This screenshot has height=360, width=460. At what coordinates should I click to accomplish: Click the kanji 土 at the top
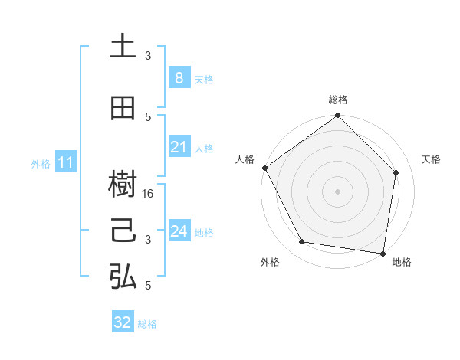[123, 47]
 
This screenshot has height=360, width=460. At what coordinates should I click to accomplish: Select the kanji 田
[123, 108]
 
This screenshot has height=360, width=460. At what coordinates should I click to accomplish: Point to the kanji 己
[123, 231]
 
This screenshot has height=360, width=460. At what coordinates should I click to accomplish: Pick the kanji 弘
[123, 277]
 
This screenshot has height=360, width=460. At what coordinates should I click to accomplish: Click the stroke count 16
[149, 195]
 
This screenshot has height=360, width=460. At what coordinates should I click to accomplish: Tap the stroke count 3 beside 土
[149, 56]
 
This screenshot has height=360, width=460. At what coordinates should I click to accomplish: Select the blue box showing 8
[179, 78]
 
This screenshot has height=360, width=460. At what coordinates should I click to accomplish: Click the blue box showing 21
[179, 147]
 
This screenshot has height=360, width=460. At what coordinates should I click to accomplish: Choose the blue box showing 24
[179, 231]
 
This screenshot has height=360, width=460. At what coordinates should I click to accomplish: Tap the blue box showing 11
[66, 162]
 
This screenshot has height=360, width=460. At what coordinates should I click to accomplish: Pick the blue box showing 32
[123, 322]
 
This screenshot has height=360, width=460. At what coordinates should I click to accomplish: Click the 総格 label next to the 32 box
[147, 324]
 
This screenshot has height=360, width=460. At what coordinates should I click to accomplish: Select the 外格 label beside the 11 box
[41, 163]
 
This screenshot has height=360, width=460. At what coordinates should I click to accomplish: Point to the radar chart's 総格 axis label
[338, 100]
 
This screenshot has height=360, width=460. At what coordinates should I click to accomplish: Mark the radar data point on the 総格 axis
[337, 116]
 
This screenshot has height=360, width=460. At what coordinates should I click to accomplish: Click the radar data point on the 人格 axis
[264, 168]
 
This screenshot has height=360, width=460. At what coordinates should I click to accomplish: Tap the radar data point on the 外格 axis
[302, 242]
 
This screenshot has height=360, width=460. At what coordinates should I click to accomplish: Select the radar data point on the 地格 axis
[383, 253]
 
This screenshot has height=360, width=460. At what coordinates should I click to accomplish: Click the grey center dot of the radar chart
[337, 191]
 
